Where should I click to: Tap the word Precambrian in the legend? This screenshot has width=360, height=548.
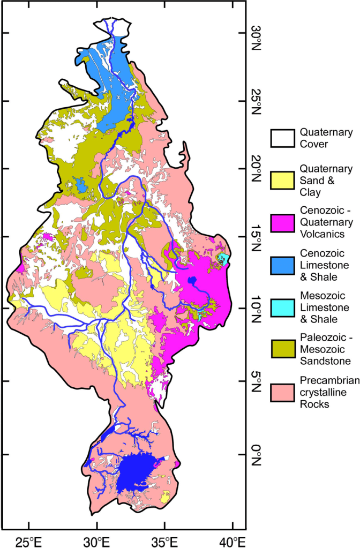(326, 384)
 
